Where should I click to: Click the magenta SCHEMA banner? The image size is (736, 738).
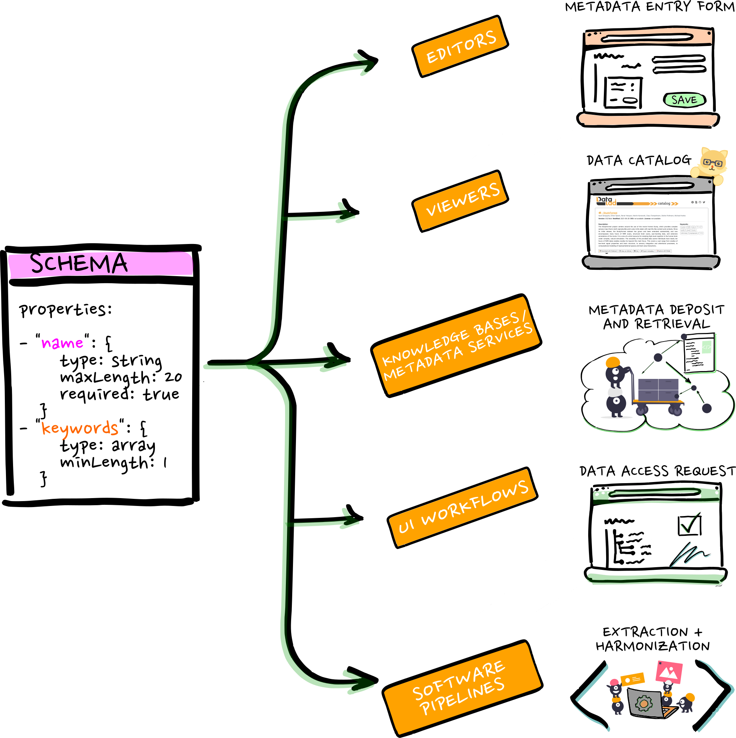point(100,264)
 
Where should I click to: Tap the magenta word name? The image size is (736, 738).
point(62,343)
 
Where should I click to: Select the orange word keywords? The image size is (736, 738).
point(80,428)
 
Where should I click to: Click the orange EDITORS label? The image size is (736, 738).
point(460,46)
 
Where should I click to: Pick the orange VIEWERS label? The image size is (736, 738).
point(460,201)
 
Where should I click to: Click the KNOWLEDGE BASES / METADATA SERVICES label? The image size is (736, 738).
point(456,346)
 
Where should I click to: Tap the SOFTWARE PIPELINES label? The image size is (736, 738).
point(462,688)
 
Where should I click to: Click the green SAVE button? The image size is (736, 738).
point(684,100)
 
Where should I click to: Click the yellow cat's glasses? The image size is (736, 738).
point(712,162)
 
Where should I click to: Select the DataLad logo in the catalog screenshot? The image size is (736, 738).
point(606,201)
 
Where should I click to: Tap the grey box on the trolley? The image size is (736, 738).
point(658,390)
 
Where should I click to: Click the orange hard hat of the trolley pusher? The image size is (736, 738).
point(613,361)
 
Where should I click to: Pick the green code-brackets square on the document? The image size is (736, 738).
point(707,347)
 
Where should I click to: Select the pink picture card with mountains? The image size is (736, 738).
point(669,671)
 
